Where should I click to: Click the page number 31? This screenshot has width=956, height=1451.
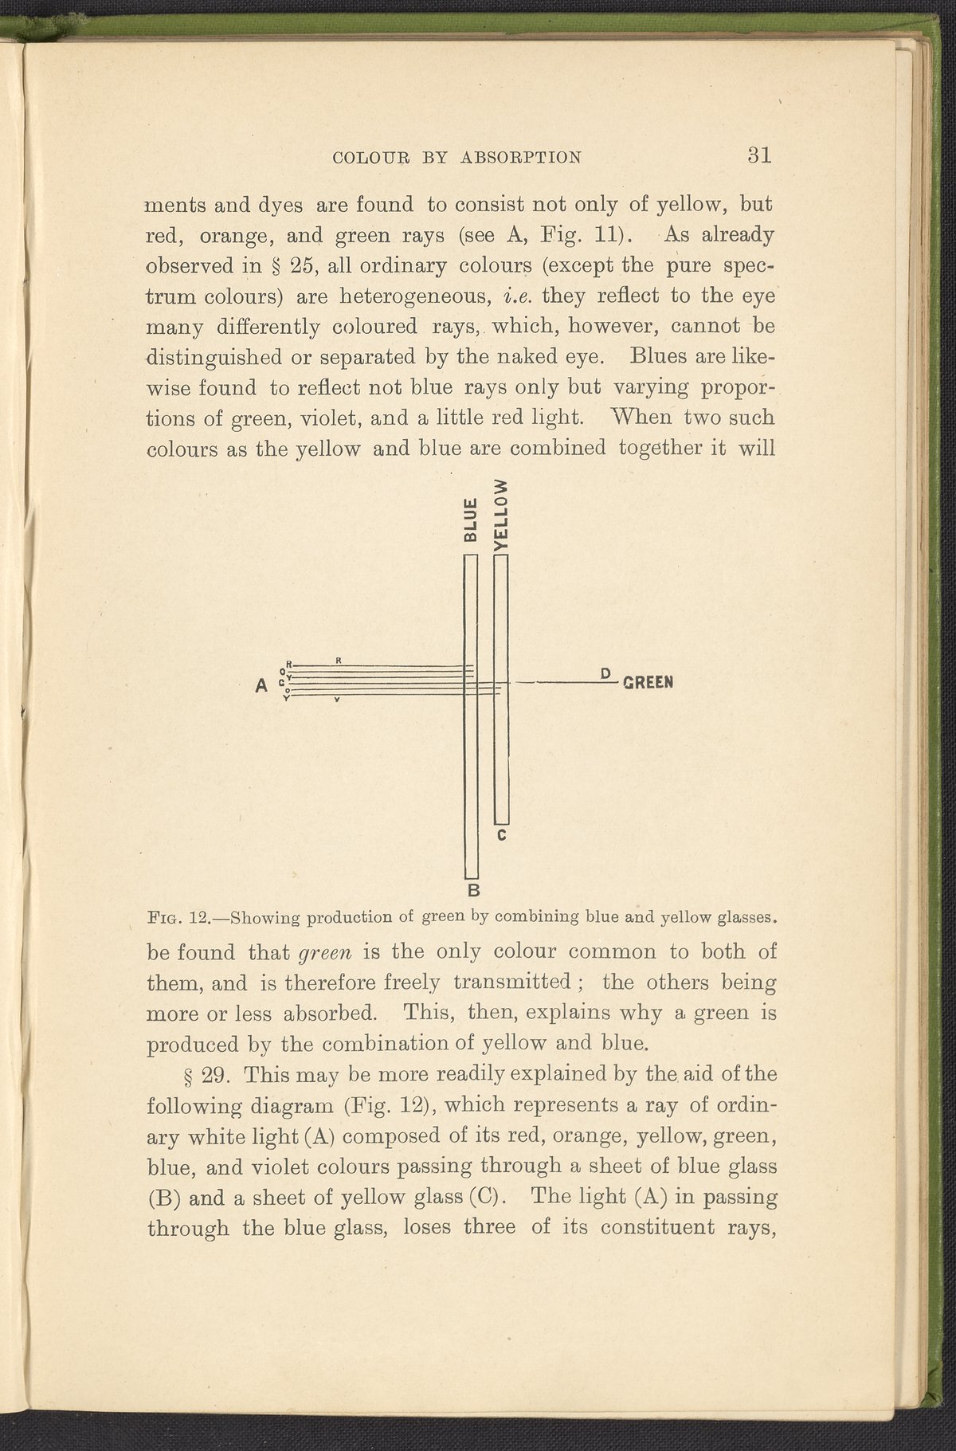[x=759, y=154]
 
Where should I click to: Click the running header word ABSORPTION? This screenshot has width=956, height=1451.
[x=521, y=157]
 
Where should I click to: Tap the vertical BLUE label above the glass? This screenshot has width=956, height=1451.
[x=471, y=520]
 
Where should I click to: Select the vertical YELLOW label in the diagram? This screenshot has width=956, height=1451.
[x=501, y=516]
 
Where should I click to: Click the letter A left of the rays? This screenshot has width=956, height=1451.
[x=261, y=684]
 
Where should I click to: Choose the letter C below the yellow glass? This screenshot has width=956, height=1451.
[x=502, y=836]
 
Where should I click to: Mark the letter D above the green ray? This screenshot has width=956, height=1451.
[x=605, y=673]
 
